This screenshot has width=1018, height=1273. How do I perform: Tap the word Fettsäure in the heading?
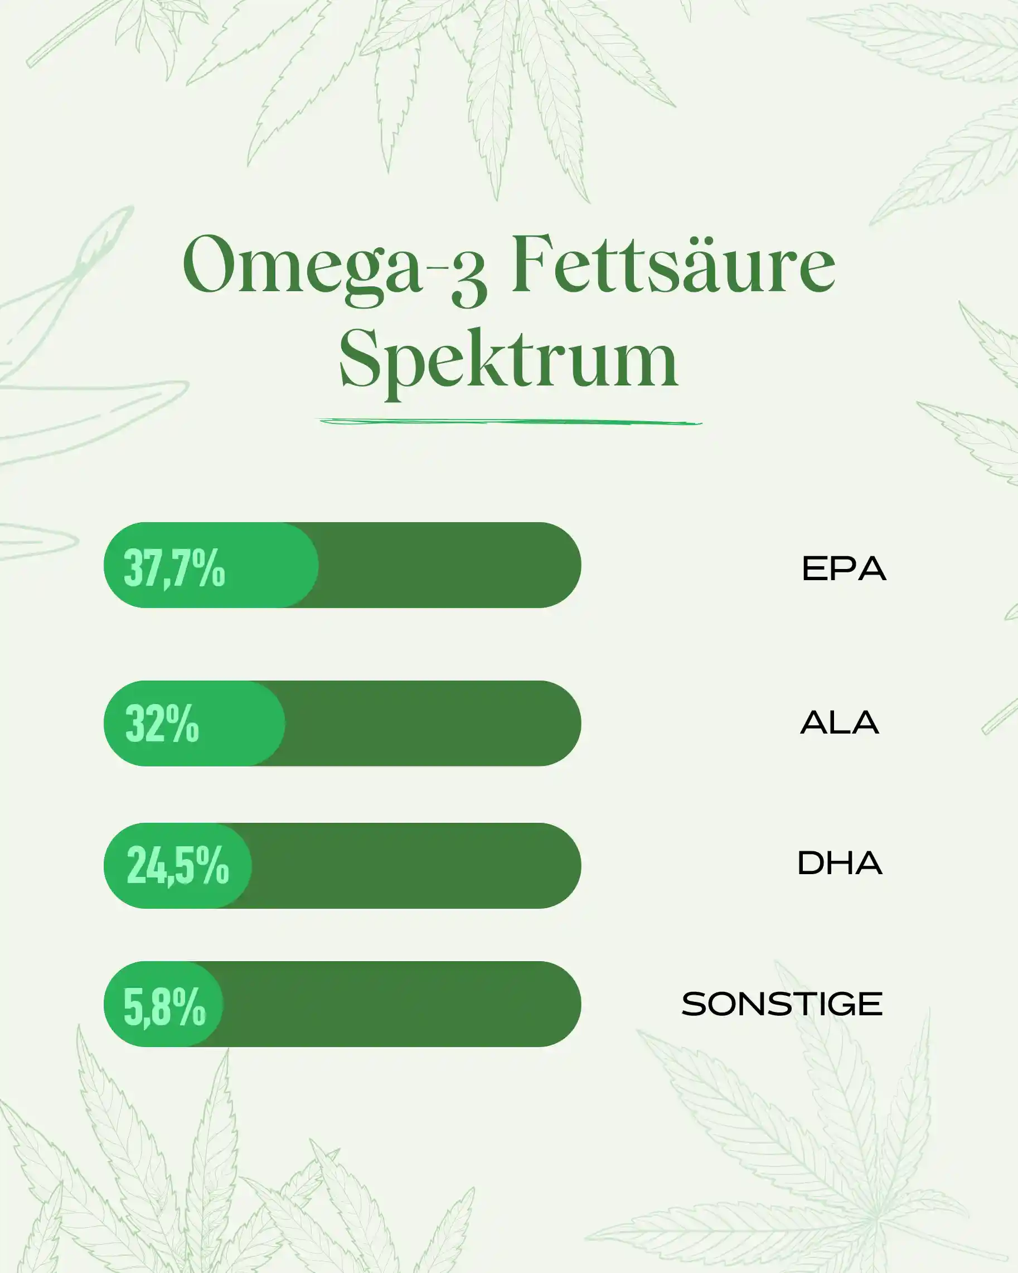click(x=673, y=263)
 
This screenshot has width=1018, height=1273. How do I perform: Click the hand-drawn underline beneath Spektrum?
click(x=511, y=422)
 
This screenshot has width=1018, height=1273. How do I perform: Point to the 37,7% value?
click(x=174, y=568)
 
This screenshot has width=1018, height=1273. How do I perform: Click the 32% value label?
click(x=162, y=724)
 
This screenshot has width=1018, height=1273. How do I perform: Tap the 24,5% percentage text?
click(x=178, y=866)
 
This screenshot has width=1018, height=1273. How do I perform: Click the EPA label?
click(x=844, y=568)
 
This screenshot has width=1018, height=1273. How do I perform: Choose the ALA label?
click(x=840, y=722)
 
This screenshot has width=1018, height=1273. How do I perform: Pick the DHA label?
click(x=840, y=863)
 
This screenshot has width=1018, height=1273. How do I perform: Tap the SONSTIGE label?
click(x=782, y=1004)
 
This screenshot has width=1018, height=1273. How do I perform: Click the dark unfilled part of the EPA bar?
click(x=448, y=565)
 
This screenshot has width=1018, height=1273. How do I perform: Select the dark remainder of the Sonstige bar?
click(x=401, y=1004)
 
